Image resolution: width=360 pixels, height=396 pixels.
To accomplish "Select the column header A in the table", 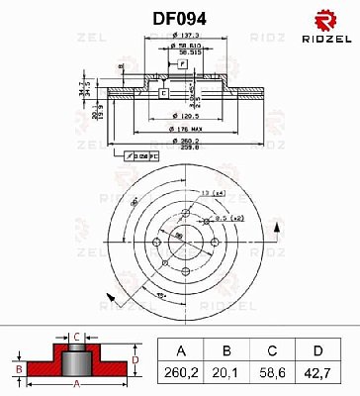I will (x=181, y=348).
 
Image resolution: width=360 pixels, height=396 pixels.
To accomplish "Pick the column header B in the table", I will (x=227, y=348).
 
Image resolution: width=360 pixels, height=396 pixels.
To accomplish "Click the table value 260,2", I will (x=181, y=374).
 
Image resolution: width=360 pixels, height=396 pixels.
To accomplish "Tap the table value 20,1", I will (x=227, y=374).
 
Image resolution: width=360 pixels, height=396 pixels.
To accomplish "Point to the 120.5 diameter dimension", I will (x=181, y=114).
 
